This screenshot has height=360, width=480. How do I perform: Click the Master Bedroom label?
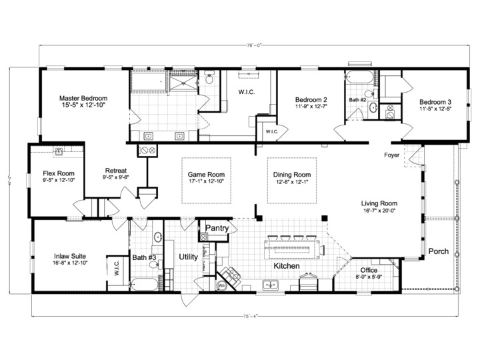pos(83,97)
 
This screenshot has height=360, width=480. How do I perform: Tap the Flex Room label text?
pos(58,173)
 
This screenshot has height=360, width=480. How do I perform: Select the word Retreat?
pos(115,169)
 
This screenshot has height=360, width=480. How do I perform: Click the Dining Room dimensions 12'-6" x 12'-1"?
pos(292,183)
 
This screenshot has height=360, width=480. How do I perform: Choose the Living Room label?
pos(379,203)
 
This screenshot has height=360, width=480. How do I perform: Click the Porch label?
pos(438,251)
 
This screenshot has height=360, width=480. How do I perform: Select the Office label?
pos(369,270)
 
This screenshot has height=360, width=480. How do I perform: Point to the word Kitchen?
pos(286,266)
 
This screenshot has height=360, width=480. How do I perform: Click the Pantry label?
pos(217,228)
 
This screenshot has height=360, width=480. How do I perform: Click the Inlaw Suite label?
pos(69,255)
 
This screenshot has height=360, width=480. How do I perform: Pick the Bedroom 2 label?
pos(311,100)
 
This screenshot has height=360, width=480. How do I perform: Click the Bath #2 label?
pos(358,99)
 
